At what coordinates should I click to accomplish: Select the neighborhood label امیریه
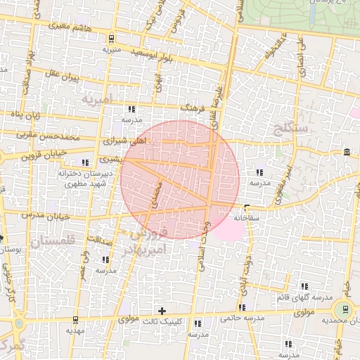point(96,101)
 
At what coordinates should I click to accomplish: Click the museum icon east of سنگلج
point(348,153)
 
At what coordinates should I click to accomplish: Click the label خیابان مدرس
point(47,214)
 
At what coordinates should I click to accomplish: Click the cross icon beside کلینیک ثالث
point(162,310)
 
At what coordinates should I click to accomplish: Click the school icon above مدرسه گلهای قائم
point(304,286)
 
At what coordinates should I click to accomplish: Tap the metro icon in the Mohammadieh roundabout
point(345,309)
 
